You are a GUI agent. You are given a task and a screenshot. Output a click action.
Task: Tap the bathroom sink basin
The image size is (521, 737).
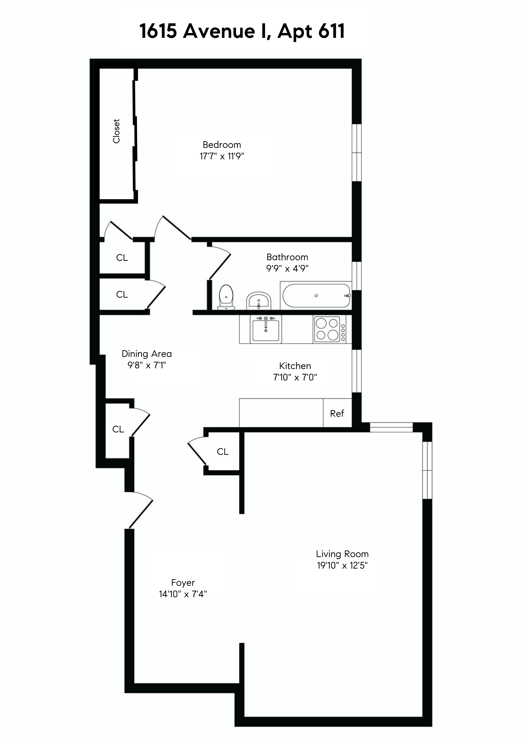pyautogui.click(x=259, y=301)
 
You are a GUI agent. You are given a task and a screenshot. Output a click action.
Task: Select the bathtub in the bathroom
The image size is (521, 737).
pyautogui.click(x=316, y=296)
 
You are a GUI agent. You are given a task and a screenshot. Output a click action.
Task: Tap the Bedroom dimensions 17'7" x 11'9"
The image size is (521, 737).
pyautogui.click(x=222, y=156)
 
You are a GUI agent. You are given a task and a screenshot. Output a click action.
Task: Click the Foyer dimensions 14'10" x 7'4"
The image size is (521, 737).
pyautogui.click(x=183, y=594)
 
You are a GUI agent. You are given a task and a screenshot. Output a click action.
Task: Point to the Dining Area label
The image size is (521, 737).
pyautogui.click(x=147, y=354)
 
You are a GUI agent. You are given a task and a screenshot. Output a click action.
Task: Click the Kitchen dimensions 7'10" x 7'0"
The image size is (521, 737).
pyautogui.click(x=295, y=377)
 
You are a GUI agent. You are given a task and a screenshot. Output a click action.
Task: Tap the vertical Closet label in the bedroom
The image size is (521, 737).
pyautogui.click(x=116, y=131)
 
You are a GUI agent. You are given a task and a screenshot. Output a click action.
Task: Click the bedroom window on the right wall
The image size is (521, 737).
pyautogui.click(x=357, y=153)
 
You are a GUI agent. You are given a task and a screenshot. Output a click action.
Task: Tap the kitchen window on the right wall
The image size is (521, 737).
pyautogui.click(x=357, y=371)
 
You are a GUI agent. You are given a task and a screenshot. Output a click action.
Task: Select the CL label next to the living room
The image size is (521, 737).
pyautogui.click(x=222, y=452)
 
